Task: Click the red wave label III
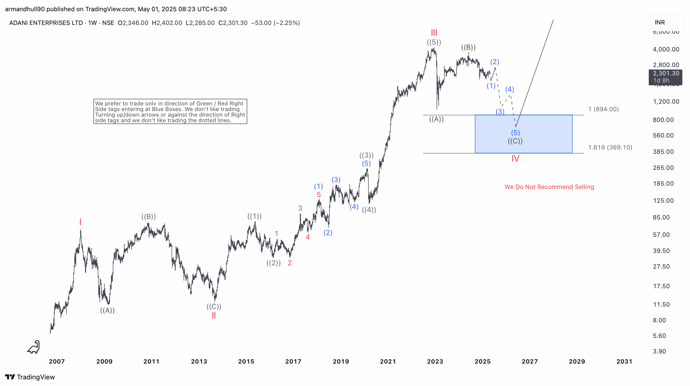[434, 33]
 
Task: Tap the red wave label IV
[515, 158]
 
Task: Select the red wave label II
[213, 315]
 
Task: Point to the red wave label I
[80, 222]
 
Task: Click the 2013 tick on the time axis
[199, 361]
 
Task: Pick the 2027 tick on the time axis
[529, 361]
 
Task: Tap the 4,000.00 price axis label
[666, 49]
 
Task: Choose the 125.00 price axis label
[663, 200]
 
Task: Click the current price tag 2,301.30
[665, 73]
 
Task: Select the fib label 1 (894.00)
[603, 109]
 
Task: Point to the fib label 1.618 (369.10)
[610, 147]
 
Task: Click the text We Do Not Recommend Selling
[549, 187]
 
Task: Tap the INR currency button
[660, 22]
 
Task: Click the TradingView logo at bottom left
[30, 377]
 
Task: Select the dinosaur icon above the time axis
[34, 347]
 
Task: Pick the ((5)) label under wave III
[434, 42]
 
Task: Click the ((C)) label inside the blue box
[515, 141]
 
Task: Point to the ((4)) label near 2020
[369, 210]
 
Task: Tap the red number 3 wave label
[300, 208]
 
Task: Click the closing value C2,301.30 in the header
[233, 23]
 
